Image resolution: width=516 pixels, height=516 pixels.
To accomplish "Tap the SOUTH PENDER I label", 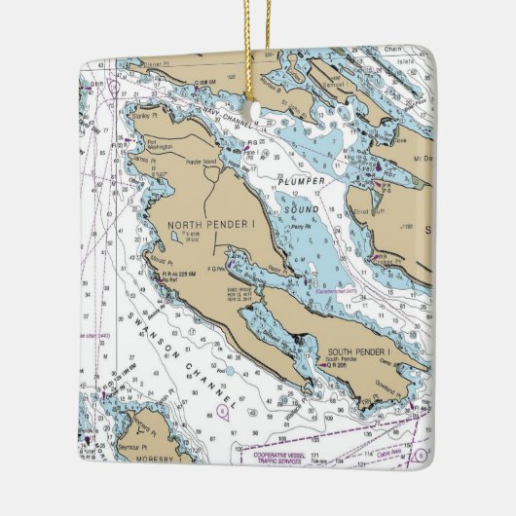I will pos(359,350).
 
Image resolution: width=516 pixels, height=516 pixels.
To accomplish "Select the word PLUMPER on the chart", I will pos(302,180).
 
